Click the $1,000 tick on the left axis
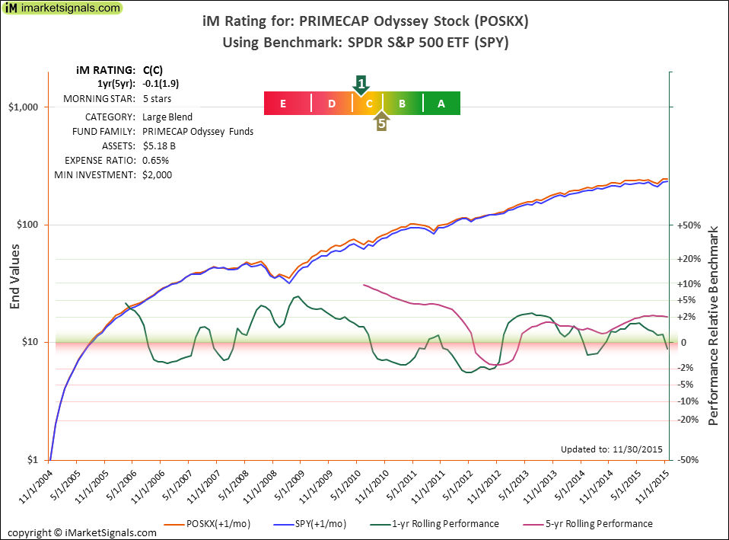[x=27, y=107]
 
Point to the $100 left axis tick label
[x=30, y=225]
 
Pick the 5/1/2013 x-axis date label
[x=511, y=486]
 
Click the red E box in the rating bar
[x=283, y=104]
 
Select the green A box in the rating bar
[x=441, y=104]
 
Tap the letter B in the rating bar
[x=403, y=104]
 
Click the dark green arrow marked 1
[x=362, y=84]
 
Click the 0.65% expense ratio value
[x=156, y=161]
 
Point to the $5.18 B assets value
[x=160, y=146]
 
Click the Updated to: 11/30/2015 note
[x=611, y=449]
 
